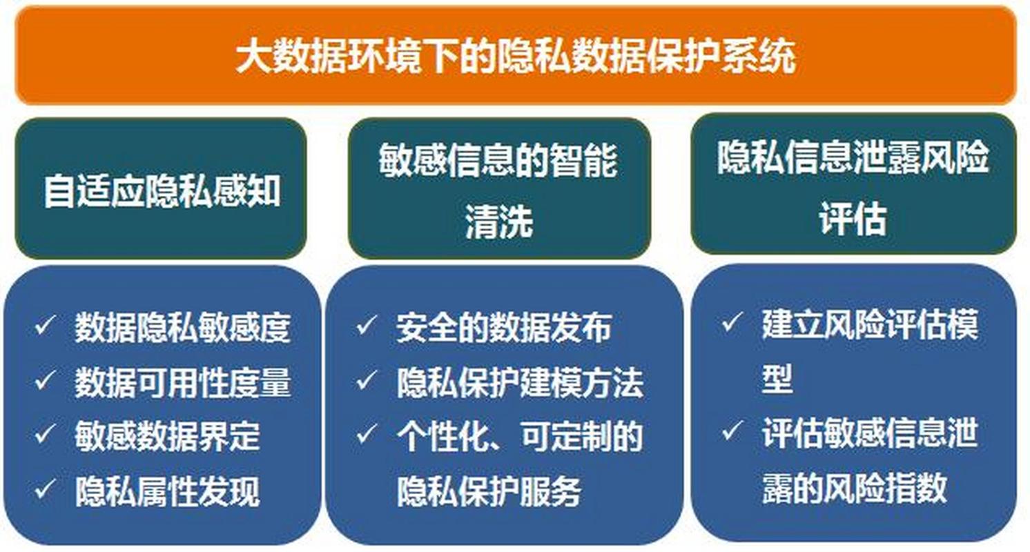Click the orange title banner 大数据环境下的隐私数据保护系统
click(515, 56)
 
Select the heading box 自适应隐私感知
click(161, 189)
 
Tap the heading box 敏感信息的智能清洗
click(498, 189)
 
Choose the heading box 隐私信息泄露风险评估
click(853, 184)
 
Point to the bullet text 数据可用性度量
click(182, 382)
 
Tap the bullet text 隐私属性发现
click(167, 491)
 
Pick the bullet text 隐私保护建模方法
click(519, 382)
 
